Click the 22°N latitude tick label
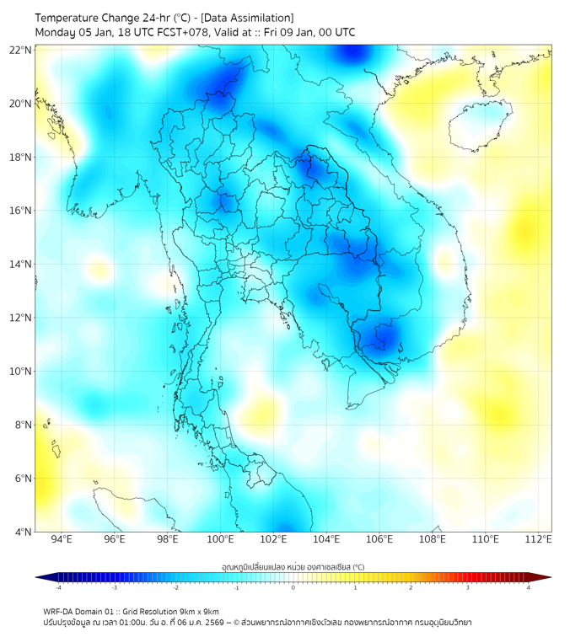click(x=21, y=50)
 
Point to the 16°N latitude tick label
click(x=21, y=211)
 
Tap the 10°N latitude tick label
click(x=21, y=372)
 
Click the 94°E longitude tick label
click(x=62, y=539)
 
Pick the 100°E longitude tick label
click(x=221, y=539)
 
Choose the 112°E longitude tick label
click(x=539, y=539)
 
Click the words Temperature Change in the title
click(x=80, y=18)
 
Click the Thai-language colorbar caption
click(x=293, y=566)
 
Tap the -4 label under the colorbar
click(x=58, y=587)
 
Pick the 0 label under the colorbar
click(x=293, y=587)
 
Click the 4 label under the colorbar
click(x=529, y=587)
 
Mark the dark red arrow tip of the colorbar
click(x=546, y=577)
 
